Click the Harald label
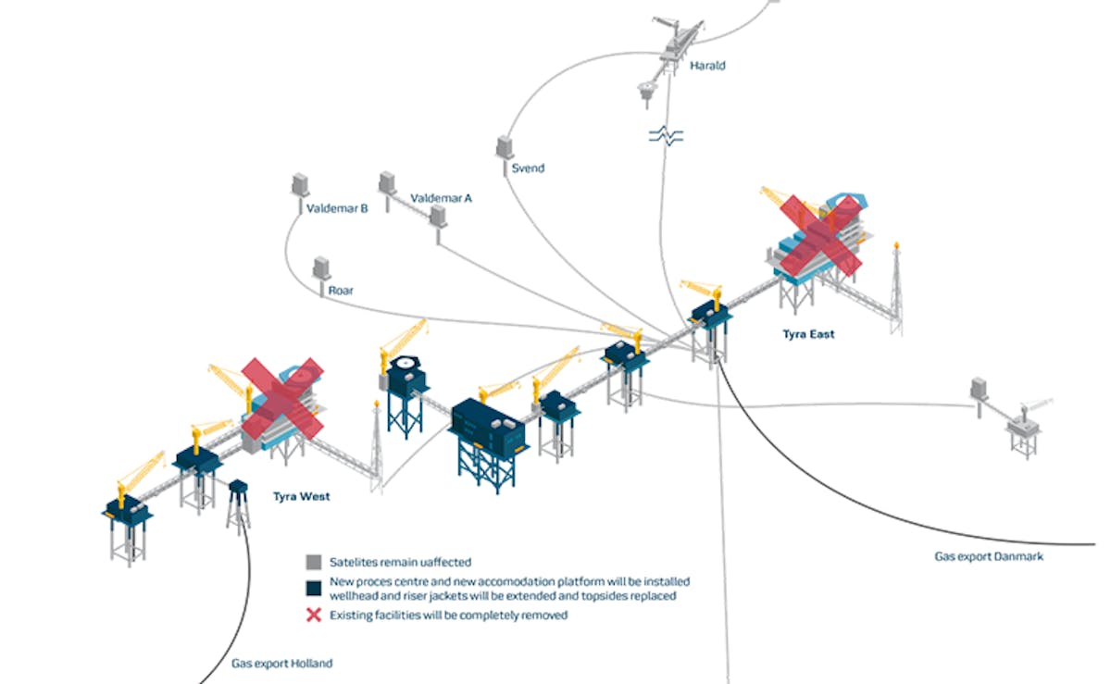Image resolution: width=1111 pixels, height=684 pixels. coord(707,66)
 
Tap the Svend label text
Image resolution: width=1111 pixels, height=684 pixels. coord(528,168)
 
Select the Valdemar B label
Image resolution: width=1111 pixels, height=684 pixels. coord(337,209)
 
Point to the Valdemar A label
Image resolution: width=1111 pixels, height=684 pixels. coord(441,197)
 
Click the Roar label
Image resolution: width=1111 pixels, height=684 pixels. coord(341,290)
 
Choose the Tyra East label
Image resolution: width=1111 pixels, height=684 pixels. coord(808,334)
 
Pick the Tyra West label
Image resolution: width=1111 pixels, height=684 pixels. coord(301,496)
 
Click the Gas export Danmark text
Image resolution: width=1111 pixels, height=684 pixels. coord(989,556)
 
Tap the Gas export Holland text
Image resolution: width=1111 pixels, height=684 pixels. coord(281,663)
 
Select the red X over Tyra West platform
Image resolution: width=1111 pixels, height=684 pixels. coord(283,396)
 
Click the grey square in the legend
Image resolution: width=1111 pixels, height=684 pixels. coord(314,562)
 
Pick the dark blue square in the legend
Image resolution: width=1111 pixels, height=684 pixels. coord(314,589)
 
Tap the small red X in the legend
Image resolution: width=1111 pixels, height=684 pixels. coord(314,615)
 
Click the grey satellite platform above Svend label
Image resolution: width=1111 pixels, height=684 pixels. coord(505,148)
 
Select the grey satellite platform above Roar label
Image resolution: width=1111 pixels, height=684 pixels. coord(322,268)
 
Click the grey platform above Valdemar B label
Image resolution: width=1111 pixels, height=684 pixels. coord(300,184)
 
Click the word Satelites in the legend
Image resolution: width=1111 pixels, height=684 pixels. coord(353,562)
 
